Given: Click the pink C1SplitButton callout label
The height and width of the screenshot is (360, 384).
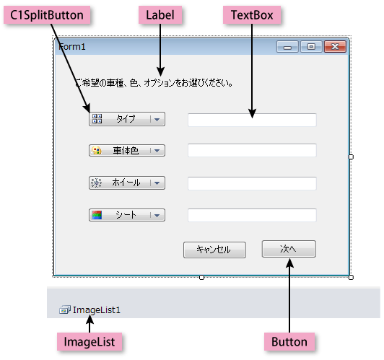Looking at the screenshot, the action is click(47, 15).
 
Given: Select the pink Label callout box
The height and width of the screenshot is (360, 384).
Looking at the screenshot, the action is click(160, 15).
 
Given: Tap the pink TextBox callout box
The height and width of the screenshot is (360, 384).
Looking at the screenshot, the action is click(252, 15).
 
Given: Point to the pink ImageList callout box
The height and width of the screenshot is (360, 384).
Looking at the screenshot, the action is click(90, 342).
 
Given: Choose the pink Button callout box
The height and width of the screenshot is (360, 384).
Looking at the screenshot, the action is click(289, 342).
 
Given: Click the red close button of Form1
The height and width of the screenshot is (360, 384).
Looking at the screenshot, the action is click(335, 46).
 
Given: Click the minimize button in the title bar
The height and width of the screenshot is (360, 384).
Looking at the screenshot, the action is click(287, 46).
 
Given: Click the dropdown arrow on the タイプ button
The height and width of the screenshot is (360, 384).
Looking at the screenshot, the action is click(157, 120).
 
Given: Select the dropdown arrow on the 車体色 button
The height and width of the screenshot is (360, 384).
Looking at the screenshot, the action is click(157, 151).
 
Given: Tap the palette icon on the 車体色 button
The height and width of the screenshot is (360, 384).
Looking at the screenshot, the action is click(97, 151).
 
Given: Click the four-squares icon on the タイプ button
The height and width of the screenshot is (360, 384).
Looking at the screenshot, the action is click(97, 119).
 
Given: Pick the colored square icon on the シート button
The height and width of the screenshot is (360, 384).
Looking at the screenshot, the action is click(97, 215).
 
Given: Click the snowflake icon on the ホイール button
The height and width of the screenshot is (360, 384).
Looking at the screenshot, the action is click(96, 183).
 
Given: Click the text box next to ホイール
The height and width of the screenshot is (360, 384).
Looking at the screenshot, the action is click(252, 183).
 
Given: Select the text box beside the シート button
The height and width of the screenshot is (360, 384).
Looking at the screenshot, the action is click(252, 215).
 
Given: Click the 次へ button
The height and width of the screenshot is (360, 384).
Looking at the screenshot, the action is click(289, 249).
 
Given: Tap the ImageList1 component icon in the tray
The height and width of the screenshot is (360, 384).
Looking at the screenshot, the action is click(65, 309).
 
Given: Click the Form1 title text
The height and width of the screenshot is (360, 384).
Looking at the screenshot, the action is click(72, 47).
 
